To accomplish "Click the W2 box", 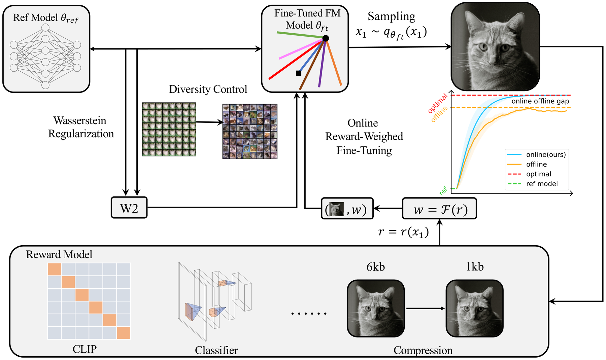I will [129, 208].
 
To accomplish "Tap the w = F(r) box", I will [439, 209].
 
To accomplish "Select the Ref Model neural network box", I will [46, 49].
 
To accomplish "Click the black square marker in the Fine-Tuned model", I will [299, 73].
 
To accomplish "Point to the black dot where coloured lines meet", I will [326, 38].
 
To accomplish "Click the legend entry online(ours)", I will [546, 155].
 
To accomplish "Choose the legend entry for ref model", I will [542, 184].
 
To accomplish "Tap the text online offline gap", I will [540, 101].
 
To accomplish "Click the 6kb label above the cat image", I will [375, 267].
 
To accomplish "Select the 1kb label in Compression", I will [475, 267].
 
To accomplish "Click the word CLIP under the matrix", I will [85, 349].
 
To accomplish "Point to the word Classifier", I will [216, 350].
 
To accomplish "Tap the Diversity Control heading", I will [208, 89].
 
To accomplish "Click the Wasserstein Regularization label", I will [81, 127].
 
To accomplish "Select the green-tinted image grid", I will [169, 130].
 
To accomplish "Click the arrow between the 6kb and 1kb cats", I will [425, 309].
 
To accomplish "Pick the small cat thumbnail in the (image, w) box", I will [336, 209].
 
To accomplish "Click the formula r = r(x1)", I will [403, 232].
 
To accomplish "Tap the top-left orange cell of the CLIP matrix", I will [55, 269].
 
